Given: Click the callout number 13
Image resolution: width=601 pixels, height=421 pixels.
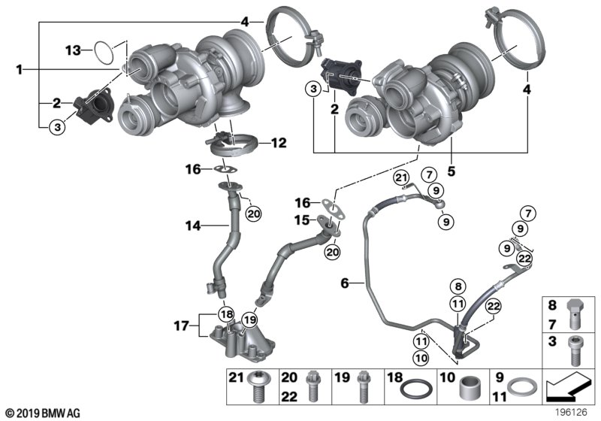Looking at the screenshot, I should pyautogui.click(x=72, y=50).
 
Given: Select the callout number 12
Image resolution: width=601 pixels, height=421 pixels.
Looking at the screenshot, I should pyautogui.click(x=278, y=142).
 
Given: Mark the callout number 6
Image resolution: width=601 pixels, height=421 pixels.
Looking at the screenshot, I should pyautogui.click(x=345, y=283).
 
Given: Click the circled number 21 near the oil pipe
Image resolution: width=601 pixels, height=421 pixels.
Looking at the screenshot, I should pyautogui.click(x=400, y=177).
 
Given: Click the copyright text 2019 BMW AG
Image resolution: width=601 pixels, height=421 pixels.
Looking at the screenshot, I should pyautogui.click(x=42, y=412).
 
